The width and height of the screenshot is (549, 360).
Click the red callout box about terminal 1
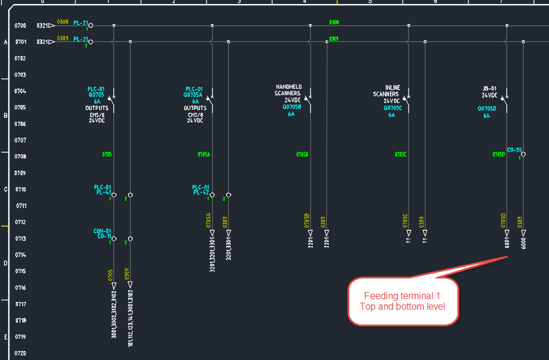point(402,300)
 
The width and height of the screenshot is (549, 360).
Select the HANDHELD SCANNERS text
point(288,90)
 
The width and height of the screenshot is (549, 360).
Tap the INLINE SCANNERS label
point(388,90)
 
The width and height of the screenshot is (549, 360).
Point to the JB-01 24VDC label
point(490,92)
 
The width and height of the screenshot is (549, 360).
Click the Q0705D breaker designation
point(487,109)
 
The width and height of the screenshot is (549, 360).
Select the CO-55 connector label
point(514,150)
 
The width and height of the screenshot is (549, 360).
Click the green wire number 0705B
point(302,154)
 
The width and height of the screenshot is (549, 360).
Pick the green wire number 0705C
point(401,154)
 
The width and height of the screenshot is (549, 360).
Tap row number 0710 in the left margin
point(21,190)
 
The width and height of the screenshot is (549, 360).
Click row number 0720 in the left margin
point(21,353)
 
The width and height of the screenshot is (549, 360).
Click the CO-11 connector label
point(104,236)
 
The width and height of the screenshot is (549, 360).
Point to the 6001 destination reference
point(507,243)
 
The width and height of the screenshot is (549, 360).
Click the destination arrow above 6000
point(524,233)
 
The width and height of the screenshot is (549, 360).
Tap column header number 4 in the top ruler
point(304,2)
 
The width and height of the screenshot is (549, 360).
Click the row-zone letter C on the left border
point(5,190)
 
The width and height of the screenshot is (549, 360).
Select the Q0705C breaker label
point(392,108)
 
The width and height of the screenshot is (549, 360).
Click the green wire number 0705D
point(499,154)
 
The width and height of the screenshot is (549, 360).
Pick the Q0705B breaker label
point(291,107)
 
